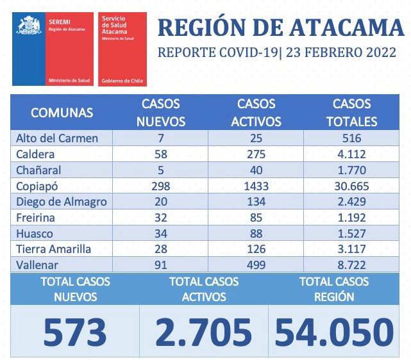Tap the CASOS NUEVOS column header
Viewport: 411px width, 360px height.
pos(160,112)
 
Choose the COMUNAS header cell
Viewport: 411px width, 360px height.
pos(62,113)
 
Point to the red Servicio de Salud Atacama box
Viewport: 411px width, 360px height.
pos(122,49)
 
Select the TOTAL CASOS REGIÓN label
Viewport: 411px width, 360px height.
pos(333,289)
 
